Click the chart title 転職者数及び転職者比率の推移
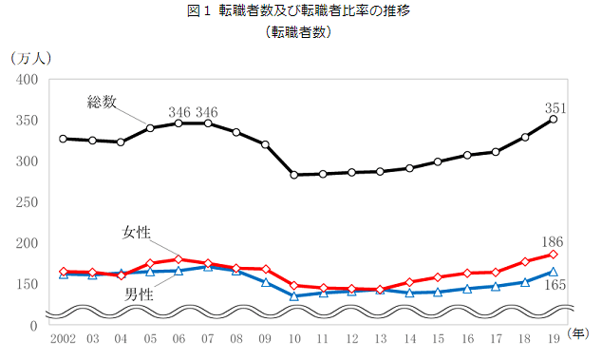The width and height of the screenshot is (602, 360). [x=301, y=11]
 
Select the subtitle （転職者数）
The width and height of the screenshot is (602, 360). [x=301, y=31]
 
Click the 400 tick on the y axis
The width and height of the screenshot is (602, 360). [x=26, y=79]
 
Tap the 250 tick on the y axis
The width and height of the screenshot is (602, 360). [x=26, y=202]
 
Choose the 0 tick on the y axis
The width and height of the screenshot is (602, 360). [x=33, y=325]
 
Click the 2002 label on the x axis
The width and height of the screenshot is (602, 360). [x=63, y=338]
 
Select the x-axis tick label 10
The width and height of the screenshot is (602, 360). [x=294, y=338]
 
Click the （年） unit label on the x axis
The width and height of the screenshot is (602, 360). [x=579, y=333]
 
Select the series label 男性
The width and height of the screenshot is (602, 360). [x=140, y=294]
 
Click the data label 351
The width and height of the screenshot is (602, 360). [x=555, y=108]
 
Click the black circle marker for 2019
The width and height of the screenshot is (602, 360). [x=554, y=119]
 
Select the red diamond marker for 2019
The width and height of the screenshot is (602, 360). [x=554, y=254]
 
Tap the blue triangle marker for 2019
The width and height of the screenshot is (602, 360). [x=554, y=272]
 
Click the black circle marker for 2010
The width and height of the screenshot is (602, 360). [x=294, y=175]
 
